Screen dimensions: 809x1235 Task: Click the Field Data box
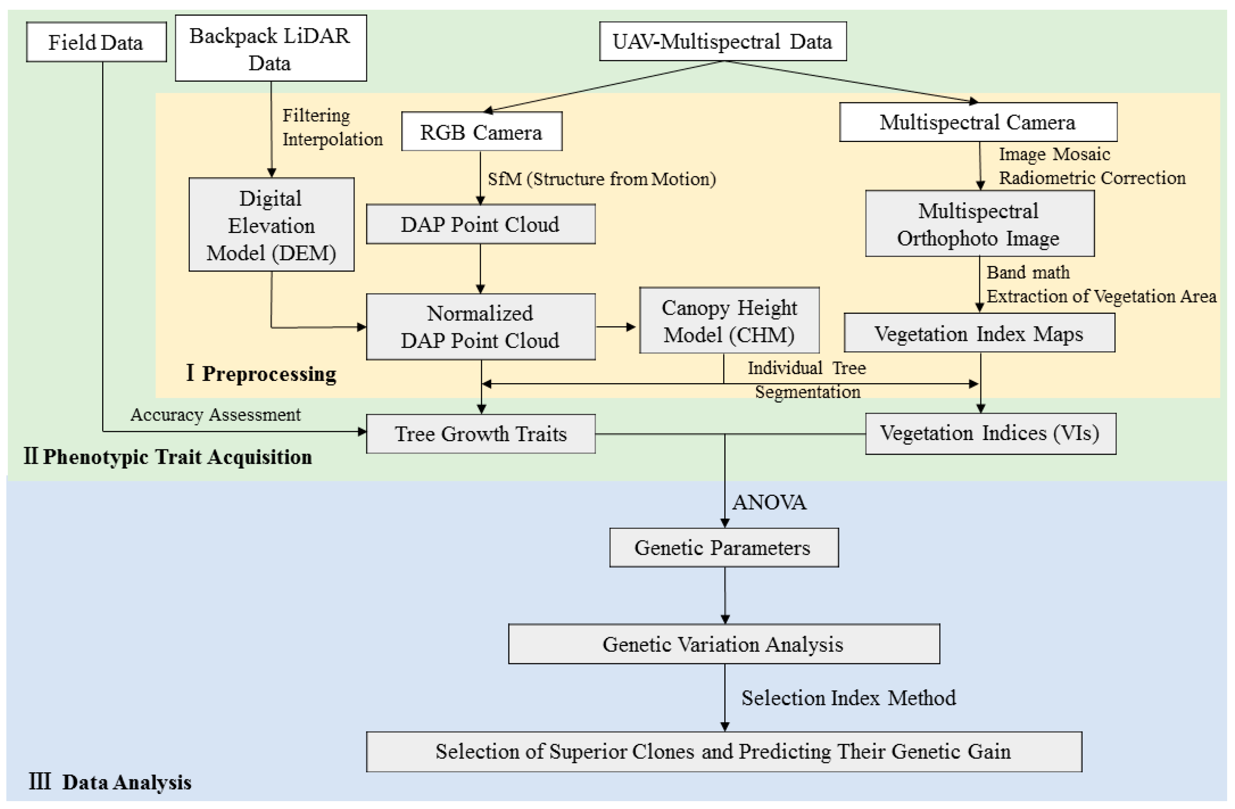pos(96,42)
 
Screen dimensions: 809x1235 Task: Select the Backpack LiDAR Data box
pos(270,48)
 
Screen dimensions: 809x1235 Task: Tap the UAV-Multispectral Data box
pos(722,42)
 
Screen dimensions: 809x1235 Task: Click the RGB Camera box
pos(481,132)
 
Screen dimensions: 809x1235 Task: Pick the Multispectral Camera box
pos(977,122)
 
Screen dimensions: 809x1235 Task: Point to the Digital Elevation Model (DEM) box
pos(271,225)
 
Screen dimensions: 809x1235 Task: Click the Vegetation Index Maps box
pos(979,333)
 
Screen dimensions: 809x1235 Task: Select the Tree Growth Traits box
pos(481,434)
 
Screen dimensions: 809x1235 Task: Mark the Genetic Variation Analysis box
pos(723,644)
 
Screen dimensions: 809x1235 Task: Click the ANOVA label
pos(769,502)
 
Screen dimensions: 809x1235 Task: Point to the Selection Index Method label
pos(848,697)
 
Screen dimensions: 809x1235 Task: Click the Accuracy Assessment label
pos(215,414)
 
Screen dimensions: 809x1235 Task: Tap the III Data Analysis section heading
pos(110,782)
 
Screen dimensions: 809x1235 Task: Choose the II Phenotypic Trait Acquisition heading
pos(168,457)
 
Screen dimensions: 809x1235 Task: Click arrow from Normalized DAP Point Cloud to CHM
pos(615,327)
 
